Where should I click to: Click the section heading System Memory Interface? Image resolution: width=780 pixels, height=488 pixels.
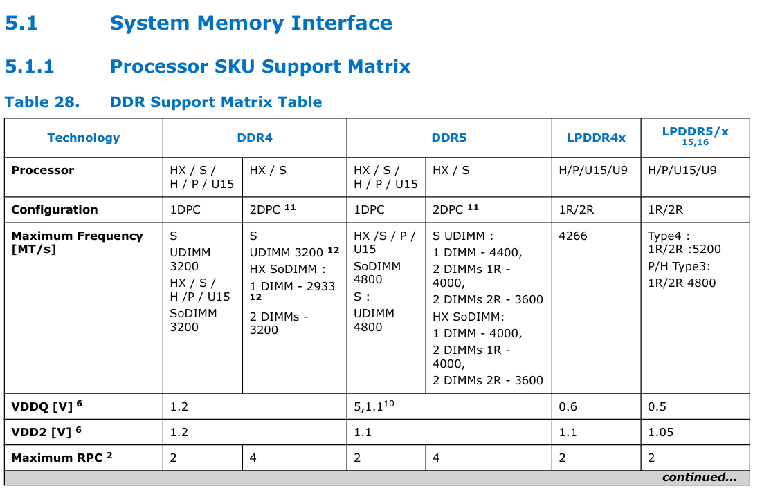pyautogui.click(x=251, y=24)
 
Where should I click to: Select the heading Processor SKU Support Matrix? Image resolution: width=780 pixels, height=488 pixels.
pyautogui.click(x=260, y=66)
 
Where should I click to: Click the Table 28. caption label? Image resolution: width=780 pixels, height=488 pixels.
pyautogui.click(x=42, y=102)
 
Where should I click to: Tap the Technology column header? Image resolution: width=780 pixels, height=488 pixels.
pyautogui.click(x=83, y=138)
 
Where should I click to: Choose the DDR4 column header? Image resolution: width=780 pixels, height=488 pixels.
pyautogui.click(x=255, y=138)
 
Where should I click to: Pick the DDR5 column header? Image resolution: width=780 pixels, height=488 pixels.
pyautogui.click(x=449, y=138)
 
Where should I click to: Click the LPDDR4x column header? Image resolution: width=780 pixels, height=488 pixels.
pyautogui.click(x=596, y=138)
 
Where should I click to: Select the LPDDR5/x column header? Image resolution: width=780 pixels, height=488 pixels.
pyautogui.click(x=695, y=131)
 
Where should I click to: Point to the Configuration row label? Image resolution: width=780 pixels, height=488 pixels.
pyautogui.click(x=55, y=209)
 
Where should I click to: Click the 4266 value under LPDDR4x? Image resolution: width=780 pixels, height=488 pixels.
pyautogui.click(x=573, y=236)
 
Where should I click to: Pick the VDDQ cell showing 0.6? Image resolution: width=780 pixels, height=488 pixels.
pyautogui.click(x=568, y=406)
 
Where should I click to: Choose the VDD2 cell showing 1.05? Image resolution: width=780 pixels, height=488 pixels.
pyautogui.click(x=660, y=432)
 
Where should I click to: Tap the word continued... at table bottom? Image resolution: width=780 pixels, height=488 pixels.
pyautogui.click(x=699, y=478)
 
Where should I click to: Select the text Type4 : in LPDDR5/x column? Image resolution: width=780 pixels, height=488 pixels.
pyautogui.click(x=669, y=236)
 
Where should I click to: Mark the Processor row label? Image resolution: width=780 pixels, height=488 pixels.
pyautogui.click(x=43, y=170)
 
